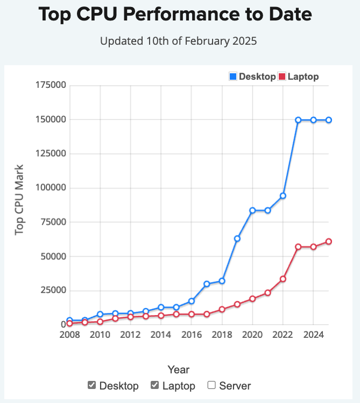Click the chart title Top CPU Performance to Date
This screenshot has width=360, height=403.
[175, 15]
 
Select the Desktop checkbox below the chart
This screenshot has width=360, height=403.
[92, 385]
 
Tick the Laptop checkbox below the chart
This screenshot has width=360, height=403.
[154, 385]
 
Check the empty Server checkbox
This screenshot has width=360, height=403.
[211, 385]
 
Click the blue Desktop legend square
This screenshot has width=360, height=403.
[233, 77]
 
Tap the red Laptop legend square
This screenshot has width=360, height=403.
[281, 77]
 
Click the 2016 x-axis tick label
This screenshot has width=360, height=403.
[191, 335]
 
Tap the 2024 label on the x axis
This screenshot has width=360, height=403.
[313, 335]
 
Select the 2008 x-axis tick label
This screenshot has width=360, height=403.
[69, 335]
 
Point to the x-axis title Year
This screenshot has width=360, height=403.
[178, 370]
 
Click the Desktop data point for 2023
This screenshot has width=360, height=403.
[298, 120]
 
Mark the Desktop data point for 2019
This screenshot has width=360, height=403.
[237, 238]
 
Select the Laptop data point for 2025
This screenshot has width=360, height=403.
[328, 241]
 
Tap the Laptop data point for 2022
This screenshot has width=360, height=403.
[283, 279]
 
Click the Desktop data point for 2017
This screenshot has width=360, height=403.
[207, 284]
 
